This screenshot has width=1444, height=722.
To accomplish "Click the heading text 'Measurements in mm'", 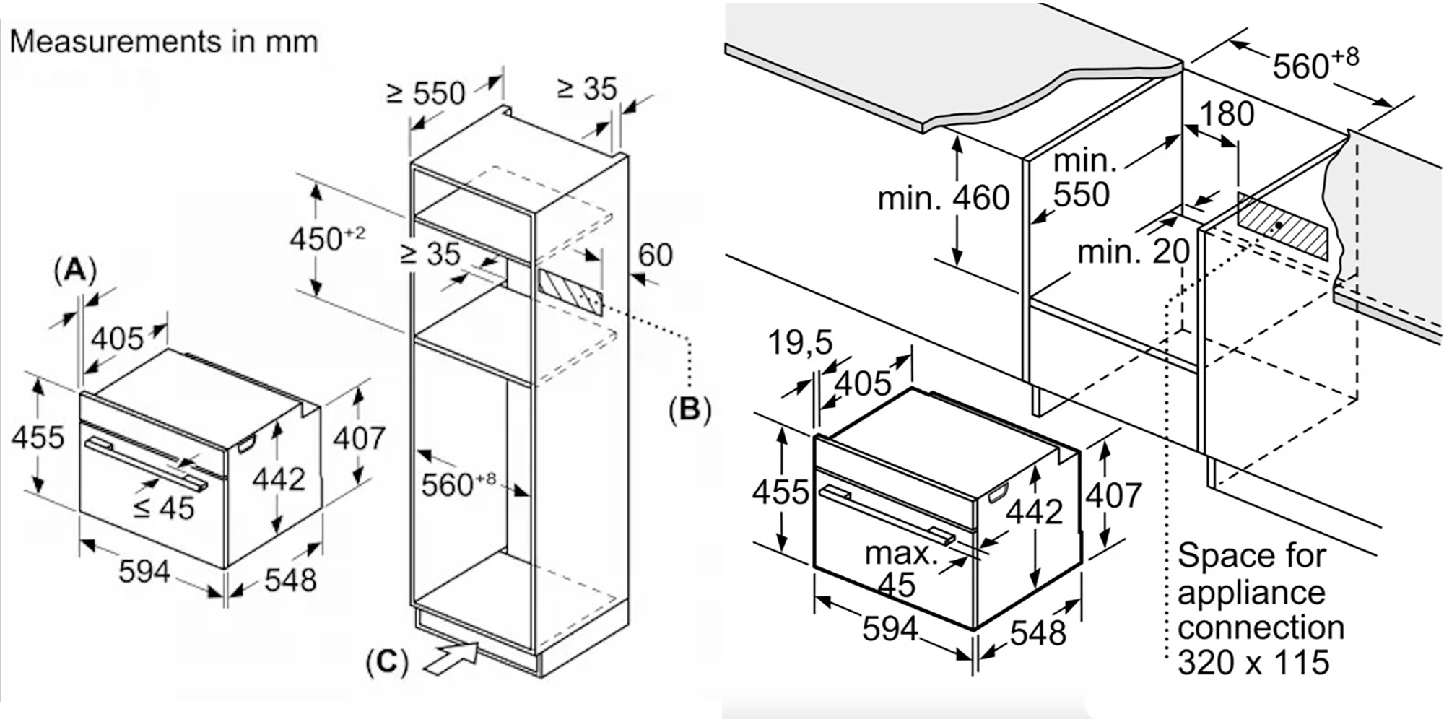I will click(164, 41).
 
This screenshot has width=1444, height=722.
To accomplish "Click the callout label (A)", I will click(75, 270).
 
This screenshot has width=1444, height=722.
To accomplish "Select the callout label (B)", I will click(690, 409).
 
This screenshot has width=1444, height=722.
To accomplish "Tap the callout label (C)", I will click(388, 661).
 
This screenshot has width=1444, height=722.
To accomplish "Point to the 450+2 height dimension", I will click(327, 238).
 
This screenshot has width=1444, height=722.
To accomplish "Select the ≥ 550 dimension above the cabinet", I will click(426, 93).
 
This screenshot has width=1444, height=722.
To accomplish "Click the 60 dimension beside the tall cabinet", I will click(655, 255).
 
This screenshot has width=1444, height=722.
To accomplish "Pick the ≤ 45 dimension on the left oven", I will click(164, 508).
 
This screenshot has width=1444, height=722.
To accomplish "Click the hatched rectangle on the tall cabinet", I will click(569, 292).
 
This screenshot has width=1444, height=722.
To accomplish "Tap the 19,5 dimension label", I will click(799, 342).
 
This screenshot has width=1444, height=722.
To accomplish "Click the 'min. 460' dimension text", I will click(943, 198).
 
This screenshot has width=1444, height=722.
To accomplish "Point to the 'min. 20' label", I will click(1133, 252).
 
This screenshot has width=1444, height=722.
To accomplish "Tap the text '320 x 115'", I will click(1253, 662).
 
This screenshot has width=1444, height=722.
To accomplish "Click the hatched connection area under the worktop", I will click(1282, 227).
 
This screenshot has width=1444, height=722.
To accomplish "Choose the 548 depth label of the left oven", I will click(290, 580).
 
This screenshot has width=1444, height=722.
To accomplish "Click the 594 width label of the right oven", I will click(890, 629).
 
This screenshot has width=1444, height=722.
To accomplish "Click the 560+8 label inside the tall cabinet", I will click(458, 484).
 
